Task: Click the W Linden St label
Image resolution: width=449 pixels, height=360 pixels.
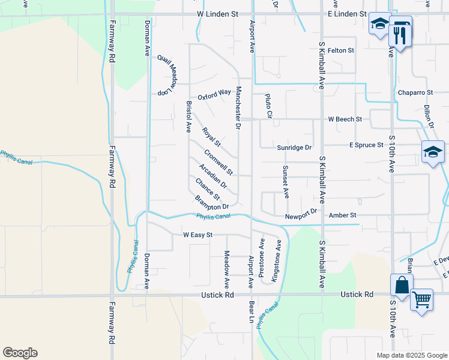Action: click(221, 13)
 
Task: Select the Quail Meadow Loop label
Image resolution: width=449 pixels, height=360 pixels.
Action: click(169, 76)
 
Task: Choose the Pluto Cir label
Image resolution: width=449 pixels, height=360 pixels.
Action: click(269, 106)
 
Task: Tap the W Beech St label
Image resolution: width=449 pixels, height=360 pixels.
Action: click(345, 119)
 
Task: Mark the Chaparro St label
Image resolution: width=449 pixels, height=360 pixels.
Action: click(415, 92)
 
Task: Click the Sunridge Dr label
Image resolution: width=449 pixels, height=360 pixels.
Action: click(295, 147)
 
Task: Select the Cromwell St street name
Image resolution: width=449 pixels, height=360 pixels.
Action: click(218, 163)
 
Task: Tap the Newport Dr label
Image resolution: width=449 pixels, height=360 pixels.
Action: click(301, 214)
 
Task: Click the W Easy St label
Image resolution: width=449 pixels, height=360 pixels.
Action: click(197, 235)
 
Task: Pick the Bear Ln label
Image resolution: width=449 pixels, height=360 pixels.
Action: click(252, 311)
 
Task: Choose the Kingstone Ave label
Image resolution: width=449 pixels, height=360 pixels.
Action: click(276, 262)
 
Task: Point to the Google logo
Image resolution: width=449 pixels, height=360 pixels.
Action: click(20, 353)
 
